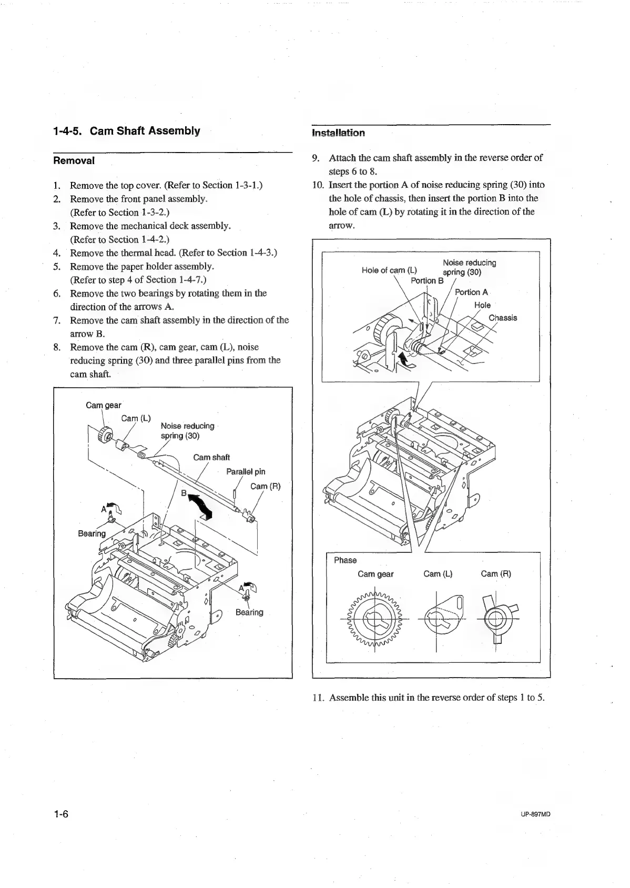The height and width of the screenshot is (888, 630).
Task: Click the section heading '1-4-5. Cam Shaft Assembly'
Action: [127, 131]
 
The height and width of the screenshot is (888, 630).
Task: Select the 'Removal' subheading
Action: [74, 161]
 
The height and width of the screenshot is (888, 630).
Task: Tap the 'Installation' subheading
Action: [338, 133]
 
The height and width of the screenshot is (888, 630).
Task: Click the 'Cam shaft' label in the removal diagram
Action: [211, 458]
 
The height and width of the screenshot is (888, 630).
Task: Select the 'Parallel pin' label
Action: [246, 471]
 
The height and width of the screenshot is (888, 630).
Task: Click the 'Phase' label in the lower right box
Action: [345, 560]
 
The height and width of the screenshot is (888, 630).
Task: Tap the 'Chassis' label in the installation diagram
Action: [503, 318]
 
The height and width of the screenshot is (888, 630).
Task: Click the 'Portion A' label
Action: [471, 292]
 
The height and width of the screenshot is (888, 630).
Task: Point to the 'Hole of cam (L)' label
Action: [389, 270]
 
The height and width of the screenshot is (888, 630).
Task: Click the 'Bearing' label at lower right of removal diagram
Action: [249, 612]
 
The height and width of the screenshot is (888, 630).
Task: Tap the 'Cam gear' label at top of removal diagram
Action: [104, 405]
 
